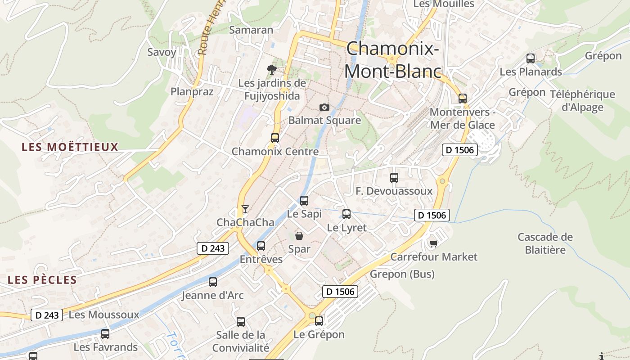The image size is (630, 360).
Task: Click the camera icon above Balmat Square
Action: pos(324,107)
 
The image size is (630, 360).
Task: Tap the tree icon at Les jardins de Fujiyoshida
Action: pos(271,69)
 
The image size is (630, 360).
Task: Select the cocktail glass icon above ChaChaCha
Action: pos(245,209)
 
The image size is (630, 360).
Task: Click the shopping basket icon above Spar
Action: pos(299,235)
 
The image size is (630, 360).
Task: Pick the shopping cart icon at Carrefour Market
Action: pos(433,243)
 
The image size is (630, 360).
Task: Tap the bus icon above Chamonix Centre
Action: pos(275,138)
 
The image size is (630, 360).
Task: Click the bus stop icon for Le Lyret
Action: pos(346,214)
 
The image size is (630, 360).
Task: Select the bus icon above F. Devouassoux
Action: pos(394,178)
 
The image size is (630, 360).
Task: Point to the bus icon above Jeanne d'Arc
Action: pos(213,282)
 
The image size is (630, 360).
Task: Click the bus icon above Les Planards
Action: pos(531,58)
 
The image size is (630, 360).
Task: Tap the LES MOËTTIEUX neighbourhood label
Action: pos(70,147)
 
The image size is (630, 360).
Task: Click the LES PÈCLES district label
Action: pos(42,280)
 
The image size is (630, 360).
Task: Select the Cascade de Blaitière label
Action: pos(545,243)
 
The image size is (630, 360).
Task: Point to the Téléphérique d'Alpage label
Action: pos(582,100)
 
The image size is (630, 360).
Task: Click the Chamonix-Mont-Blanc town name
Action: pos(392,60)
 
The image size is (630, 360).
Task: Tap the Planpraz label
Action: pos(192,91)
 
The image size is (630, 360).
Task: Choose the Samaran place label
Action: pos(251,30)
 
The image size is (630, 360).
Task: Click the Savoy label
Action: pos(162,52)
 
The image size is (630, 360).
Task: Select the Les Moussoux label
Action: pos(104,315)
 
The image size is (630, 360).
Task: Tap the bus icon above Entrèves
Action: pos(261,246)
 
